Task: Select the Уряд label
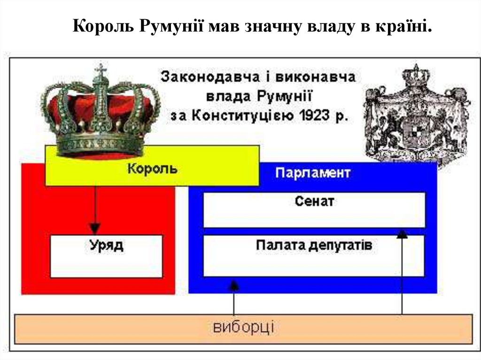107,245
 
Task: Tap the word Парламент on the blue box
312,172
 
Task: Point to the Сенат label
314,201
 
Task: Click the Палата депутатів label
314,245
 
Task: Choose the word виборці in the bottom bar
243,327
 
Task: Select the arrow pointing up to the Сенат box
402,272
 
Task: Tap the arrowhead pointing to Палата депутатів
233,284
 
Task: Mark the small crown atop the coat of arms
415,75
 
